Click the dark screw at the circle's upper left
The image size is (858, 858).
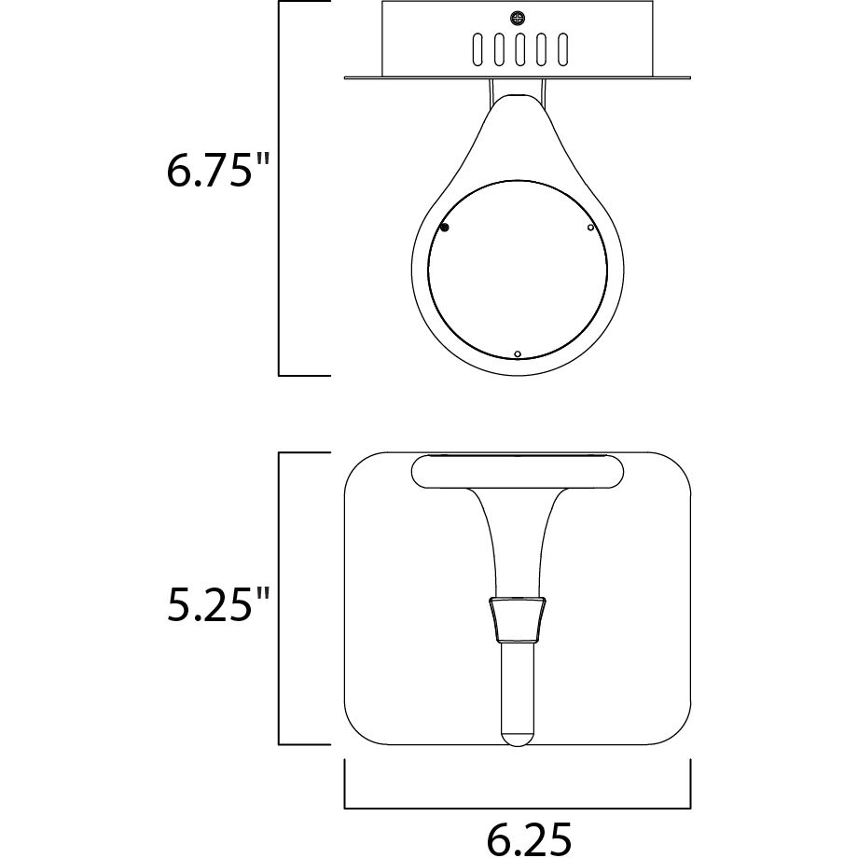[444, 228]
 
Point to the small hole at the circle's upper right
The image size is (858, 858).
[590, 227]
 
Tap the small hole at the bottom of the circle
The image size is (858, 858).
[518, 353]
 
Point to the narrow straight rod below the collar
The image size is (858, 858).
[518, 685]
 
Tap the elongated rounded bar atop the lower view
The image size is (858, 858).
[518, 472]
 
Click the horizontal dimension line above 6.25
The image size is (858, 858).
[518, 808]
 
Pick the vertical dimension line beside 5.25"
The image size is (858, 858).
[280, 597]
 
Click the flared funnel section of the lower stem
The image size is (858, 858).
[518, 541]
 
